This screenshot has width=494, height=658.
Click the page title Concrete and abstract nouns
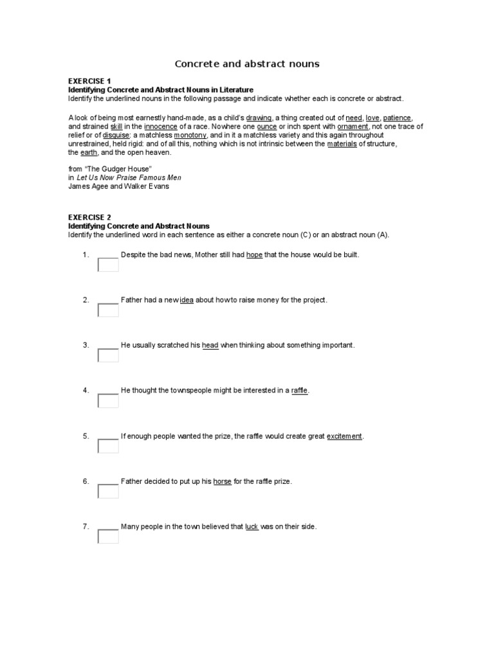pyautogui.click(x=247, y=64)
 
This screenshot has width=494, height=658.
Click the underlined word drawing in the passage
pyautogui.click(x=259, y=118)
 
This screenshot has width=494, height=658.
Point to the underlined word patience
pyautogui.click(x=397, y=118)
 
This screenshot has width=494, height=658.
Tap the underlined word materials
pyautogui.click(x=342, y=144)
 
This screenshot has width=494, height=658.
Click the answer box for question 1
pyautogui.click(x=108, y=265)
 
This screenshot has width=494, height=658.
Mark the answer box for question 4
pyautogui.click(x=108, y=400)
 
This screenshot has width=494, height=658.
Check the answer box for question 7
pyautogui.click(x=108, y=536)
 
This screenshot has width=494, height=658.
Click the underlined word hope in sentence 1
pyautogui.click(x=254, y=255)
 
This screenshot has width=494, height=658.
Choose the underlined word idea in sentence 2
pyautogui.click(x=187, y=300)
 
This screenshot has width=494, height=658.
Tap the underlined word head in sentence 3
pyautogui.click(x=210, y=345)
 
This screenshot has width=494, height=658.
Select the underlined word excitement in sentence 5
pyautogui.click(x=344, y=436)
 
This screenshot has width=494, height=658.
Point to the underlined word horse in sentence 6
pyautogui.click(x=222, y=481)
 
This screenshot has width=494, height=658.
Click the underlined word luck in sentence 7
pyautogui.click(x=252, y=527)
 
